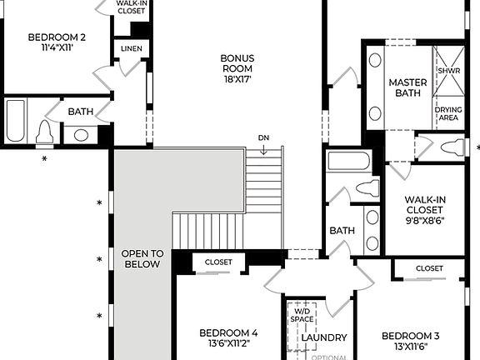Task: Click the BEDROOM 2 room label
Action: (57, 37)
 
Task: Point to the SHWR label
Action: (448, 69)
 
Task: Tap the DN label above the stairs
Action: (263, 137)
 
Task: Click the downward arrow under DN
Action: (263, 150)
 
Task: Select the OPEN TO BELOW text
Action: (142, 258)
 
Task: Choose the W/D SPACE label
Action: (301, 316)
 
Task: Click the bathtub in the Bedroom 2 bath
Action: (16, 121)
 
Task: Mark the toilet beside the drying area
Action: (452, 148)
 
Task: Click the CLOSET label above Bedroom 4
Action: (218, 262)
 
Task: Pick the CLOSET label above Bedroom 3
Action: (429, 268)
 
